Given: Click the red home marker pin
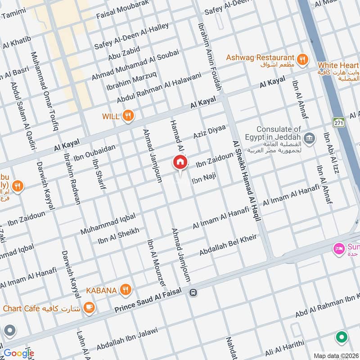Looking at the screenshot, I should point(180,162).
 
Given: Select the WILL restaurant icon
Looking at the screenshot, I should point(128,116).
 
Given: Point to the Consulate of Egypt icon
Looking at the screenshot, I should point(309,137).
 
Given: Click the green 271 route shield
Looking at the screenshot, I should point(338,122).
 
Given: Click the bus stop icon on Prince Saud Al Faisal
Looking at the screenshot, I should point(193,292).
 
